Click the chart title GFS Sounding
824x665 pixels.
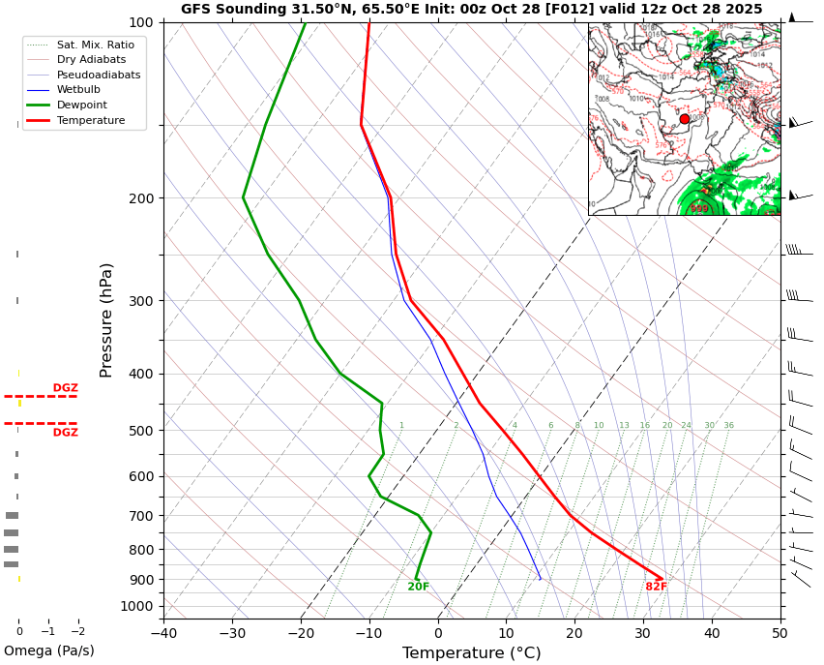pyautogui.click(x=471, y=9)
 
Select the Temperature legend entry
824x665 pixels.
pyautogui.click(x=90, y=120)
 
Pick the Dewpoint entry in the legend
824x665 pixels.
pyautogui.click(x=81, y=105)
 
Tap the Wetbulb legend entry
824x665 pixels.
pyautogui.click(x=77, y=89)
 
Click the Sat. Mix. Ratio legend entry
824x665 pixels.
pyautogui.click(x=95, y=45)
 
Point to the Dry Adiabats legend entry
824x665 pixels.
pyautogui.click(x=91, y=59)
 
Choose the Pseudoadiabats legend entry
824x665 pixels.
pyautogui.click(x=98, y=75)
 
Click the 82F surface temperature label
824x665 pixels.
pyautogui.click(x=657, y=588)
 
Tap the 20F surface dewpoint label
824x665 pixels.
pyautogui.click(x=418, y=588)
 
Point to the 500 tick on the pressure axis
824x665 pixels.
pyautogui.click(x=141, y=431)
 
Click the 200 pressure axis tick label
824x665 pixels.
pyautogui.click(x=141, y=198)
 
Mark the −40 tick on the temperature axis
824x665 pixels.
pyautogui.click(x=163, y=634)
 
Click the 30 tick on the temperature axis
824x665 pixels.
pyautogui.click(x=643, y=634)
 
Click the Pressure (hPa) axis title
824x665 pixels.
pyautogui.click(x=106, y=319)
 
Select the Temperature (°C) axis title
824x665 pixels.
pyautogui.click(x=471, y=653)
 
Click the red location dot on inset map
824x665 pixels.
pyautogui.click(x=685, y=119)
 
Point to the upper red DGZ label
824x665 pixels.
pyautogui.click(x=65, y=388)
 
